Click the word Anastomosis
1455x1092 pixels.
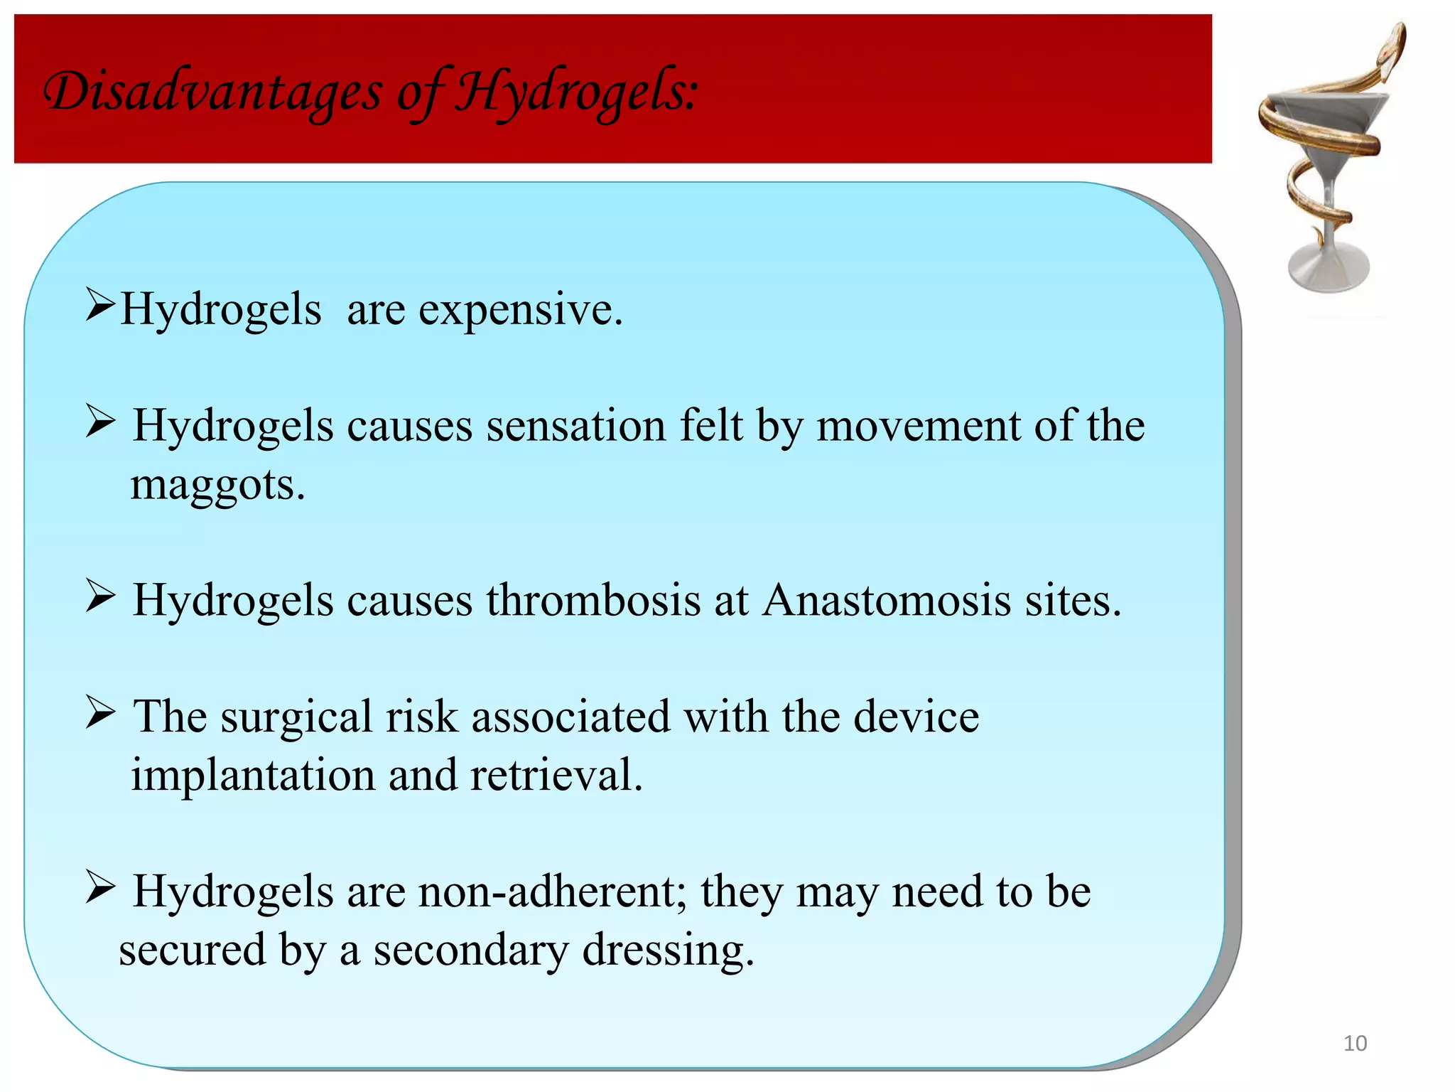887,601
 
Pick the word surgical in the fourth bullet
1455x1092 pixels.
296,717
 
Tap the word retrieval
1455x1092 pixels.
556,775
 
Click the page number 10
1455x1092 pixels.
1355,1043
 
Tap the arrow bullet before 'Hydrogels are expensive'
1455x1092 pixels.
99,304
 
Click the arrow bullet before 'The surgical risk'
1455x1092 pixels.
99,712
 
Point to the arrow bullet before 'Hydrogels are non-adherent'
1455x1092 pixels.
99,887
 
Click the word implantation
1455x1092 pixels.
253,775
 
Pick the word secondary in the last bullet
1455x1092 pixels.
471,951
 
